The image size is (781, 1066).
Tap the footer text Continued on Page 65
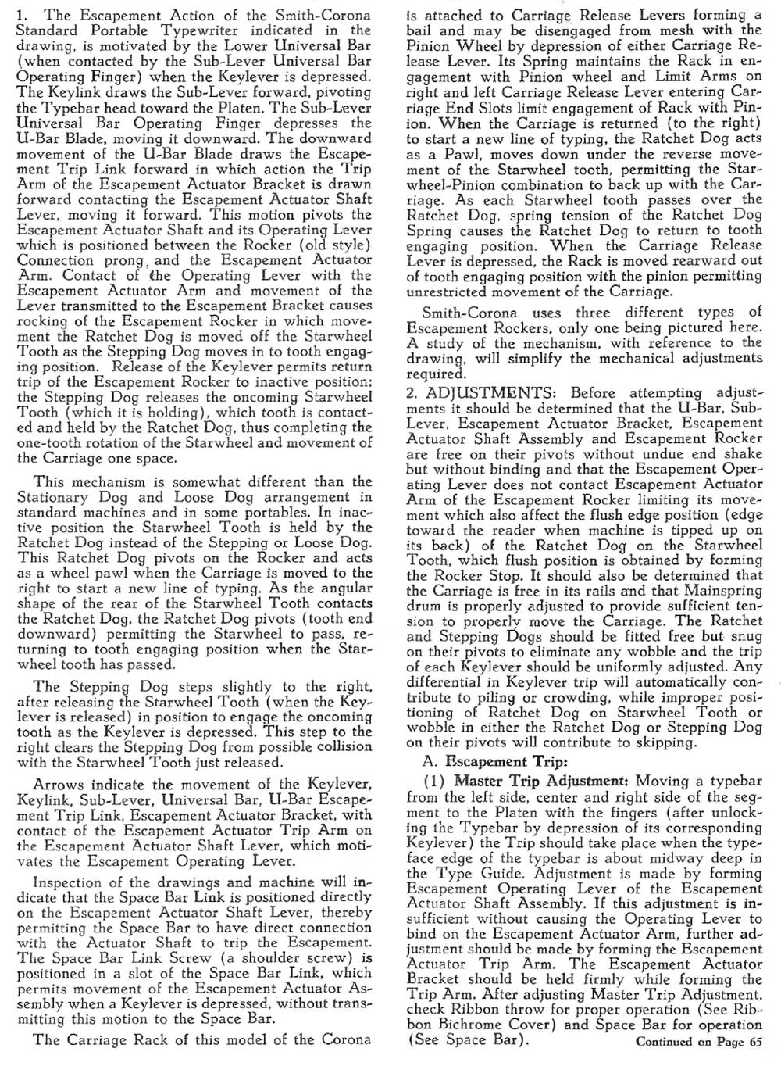pyautogui.click(x=698, y=1041)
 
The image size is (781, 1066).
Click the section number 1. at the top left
pyautogui.click(x=23, y=15)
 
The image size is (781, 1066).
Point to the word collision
pyautogui.click(x=337, y=747)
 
